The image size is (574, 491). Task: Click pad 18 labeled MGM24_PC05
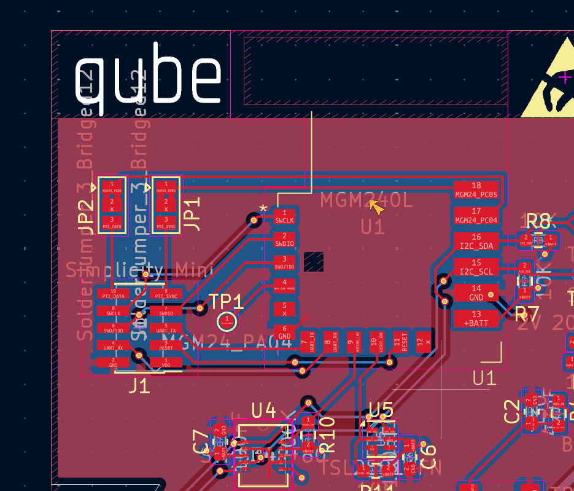pos(476,189)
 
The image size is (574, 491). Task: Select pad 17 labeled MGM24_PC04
pos(476,215)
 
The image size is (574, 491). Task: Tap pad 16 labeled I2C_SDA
pos(476,241)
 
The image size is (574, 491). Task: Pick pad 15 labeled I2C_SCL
pos(476,267)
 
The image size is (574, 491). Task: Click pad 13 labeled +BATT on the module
pos(476,318)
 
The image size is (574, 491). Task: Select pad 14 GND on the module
pos(476,293)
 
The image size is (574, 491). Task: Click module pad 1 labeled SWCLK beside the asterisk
pos(284,216)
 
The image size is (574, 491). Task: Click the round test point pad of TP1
pos(227,321)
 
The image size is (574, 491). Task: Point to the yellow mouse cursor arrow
pos(376,207)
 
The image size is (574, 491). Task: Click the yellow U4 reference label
pos(264,409)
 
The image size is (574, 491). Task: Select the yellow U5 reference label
pos(381,409)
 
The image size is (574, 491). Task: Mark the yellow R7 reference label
pos(527,314)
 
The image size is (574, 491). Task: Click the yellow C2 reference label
pos(511,411)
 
